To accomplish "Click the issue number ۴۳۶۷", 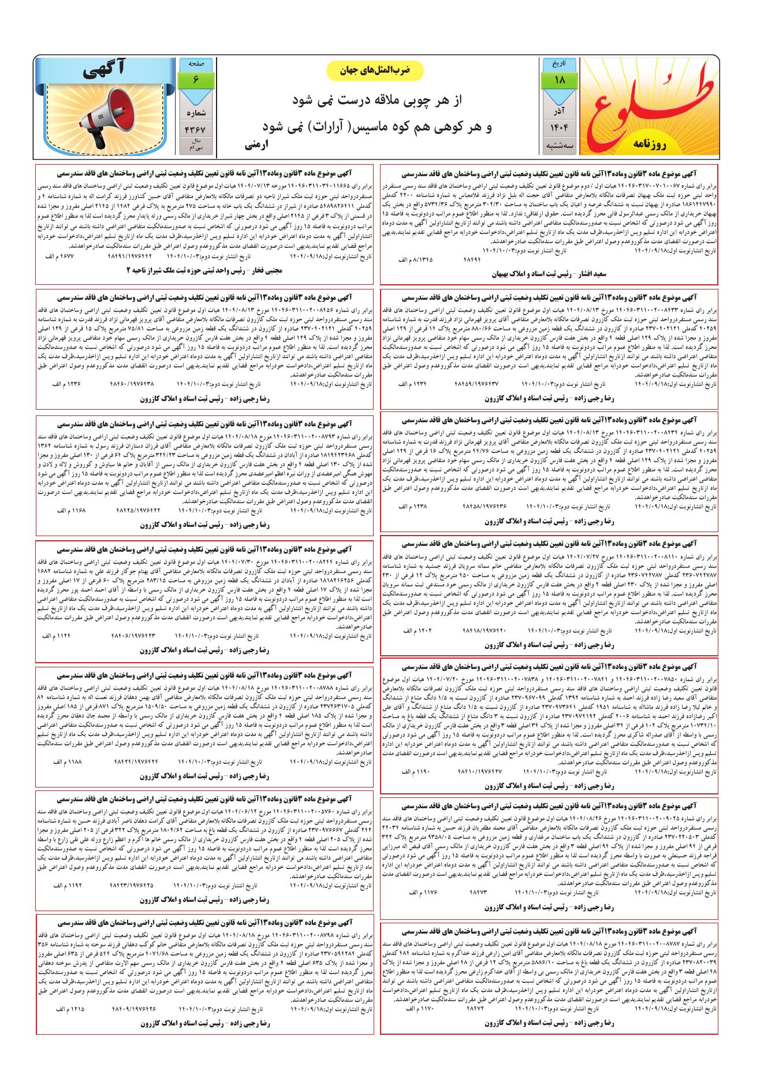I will tap(195, 129).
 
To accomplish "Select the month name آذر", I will tap(559, 109).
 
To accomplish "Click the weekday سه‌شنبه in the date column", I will tap(559, 147).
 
